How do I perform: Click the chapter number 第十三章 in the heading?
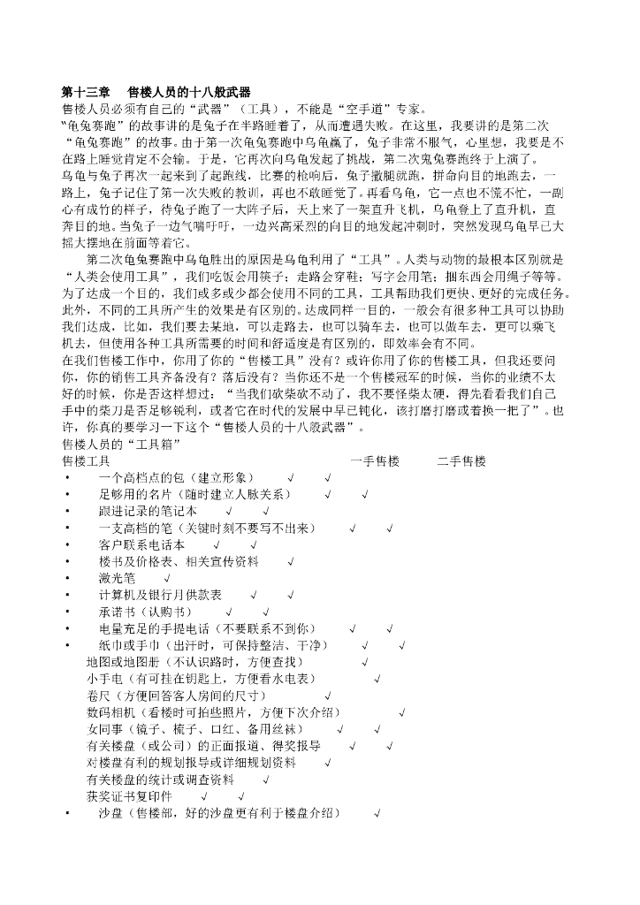(88, 92)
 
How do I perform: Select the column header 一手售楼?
(375, 461)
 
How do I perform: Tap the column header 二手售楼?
(461, 461)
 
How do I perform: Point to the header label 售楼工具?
(86, 461)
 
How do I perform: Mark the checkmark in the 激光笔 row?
(167, 578)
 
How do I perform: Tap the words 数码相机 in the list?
(110, 712)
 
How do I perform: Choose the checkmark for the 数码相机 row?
(402, 712)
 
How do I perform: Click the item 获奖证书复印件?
(135, 796)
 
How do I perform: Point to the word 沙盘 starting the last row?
(110, 813)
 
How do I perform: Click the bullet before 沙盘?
(66, 813)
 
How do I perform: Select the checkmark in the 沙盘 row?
(377, 813)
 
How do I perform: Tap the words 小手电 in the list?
(104, 679)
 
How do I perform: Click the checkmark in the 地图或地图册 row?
(365, 662)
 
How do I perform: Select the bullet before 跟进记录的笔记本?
(66, 511)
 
